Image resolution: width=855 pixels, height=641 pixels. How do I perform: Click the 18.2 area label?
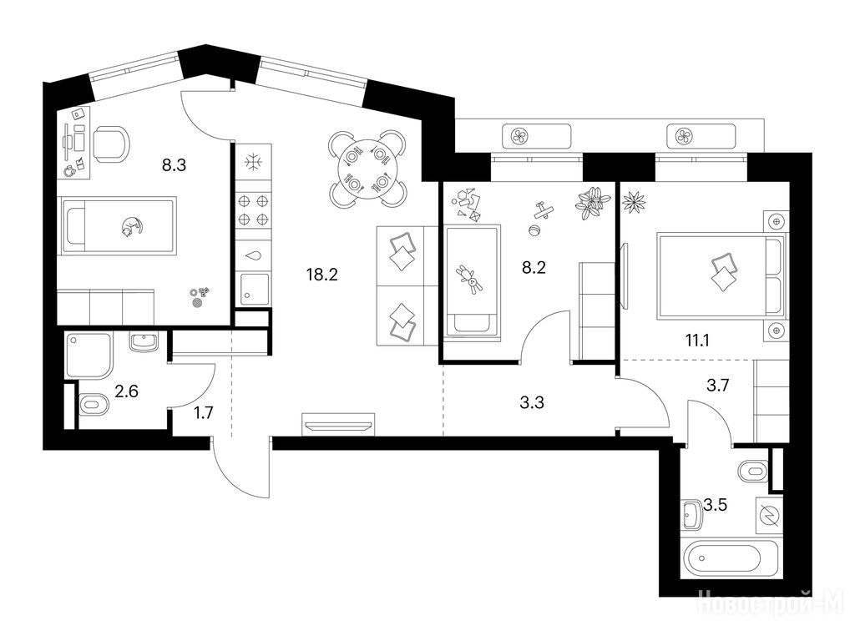click(322, 274)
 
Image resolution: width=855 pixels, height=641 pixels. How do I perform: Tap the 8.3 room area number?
click(174, 164)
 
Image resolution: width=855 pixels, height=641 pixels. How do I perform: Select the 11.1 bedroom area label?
click(697, 341)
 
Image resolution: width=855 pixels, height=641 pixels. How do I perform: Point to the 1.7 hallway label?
click(204, 413)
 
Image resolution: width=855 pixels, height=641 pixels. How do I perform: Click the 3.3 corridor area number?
click(532, 403)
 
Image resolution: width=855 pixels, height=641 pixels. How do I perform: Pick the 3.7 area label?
click(717, 386)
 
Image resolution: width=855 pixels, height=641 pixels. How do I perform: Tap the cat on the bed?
click(131, 225)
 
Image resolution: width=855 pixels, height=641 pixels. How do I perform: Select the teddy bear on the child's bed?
click(471, 280)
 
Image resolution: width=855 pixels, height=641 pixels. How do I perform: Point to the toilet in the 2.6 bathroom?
click(94, 405)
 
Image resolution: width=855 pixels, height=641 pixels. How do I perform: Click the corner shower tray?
click(88, 356)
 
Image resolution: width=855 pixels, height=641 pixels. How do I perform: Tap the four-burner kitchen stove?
click(254, 210)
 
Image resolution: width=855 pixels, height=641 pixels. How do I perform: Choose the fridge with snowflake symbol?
click(254, 162)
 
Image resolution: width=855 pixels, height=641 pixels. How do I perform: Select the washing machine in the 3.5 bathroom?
click(770, 514)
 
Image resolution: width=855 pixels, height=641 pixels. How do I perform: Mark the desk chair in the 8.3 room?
click(112, 144)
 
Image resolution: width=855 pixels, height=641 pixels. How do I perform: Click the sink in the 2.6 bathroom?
click(144, 342)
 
